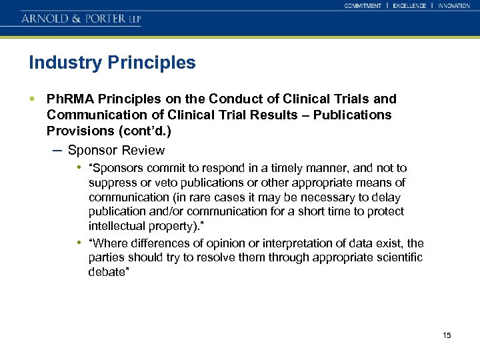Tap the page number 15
click(447, 335)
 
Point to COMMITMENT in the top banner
click(363, 6)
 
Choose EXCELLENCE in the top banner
click(409, 6)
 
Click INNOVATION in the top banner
click(454, 6)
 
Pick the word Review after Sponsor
click(143, 151)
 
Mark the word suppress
click(111, 183)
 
